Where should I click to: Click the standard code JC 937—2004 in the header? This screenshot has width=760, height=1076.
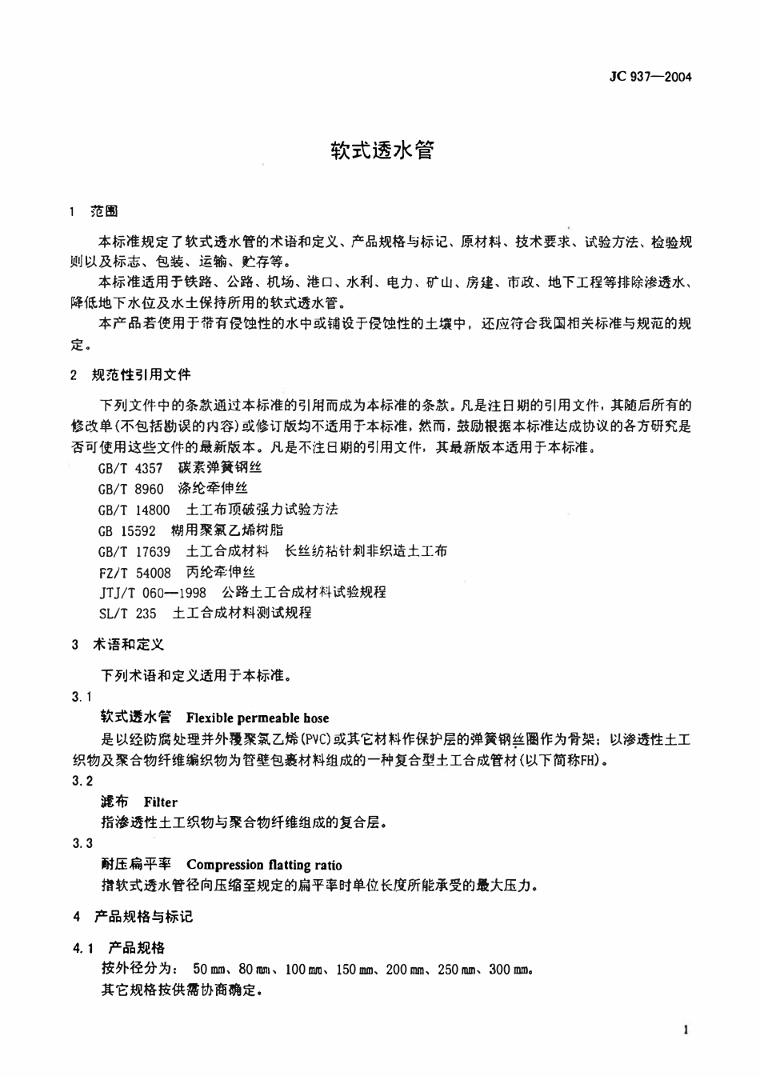click(650, 77)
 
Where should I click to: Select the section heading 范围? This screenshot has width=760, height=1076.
click(104, 211)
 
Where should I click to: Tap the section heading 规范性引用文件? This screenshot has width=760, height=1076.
click(142, 374)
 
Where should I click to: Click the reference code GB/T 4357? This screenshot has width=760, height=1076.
click(130, 468)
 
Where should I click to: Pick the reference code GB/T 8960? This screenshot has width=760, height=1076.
click(130, 489)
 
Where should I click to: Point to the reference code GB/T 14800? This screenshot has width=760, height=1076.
click(134, 510)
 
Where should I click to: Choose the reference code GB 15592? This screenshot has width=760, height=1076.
click(126, 530)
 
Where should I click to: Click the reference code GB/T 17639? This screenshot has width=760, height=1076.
click(134, 551)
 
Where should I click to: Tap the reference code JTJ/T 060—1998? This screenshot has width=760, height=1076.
click(152, 593)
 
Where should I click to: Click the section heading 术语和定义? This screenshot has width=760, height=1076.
click(129, 645)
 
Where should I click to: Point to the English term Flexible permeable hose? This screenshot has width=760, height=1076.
click(257, 718)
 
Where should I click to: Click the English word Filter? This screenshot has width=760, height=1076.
click(161, 802)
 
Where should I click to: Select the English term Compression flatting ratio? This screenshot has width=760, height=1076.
click(264, 865)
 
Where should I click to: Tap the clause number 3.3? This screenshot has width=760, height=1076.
click(82, 844)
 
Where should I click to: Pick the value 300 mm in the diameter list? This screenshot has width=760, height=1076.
click(510, 970)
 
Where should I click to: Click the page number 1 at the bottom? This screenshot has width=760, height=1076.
click(686, 1030)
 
